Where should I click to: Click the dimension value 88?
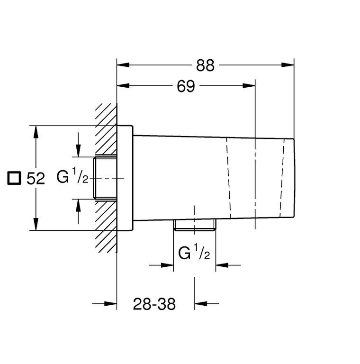(205, 65)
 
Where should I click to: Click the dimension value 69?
(186, 86)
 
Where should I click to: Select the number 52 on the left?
(36, 179)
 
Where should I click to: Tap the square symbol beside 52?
(14, 178)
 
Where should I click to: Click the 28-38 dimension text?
(154, 304)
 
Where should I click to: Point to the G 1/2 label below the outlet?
(194, 253)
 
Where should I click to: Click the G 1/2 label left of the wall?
(72, 177)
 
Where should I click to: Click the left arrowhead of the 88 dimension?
(123, 65)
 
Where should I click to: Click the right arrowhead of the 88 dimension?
(288, 65)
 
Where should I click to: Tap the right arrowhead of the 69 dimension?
(249, 86)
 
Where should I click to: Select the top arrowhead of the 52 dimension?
(36, 132)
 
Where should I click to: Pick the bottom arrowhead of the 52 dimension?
(36, 224)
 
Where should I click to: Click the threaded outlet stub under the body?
(195, 225)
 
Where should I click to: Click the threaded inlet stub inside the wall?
(105, 178)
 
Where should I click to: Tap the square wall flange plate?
(125, 178)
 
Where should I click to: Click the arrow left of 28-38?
(104, 303)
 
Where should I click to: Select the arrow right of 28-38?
(207, 303)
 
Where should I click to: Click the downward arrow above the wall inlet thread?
(79, 145)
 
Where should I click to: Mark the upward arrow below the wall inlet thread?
(79, 211)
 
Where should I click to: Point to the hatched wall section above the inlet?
(106, 129)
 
